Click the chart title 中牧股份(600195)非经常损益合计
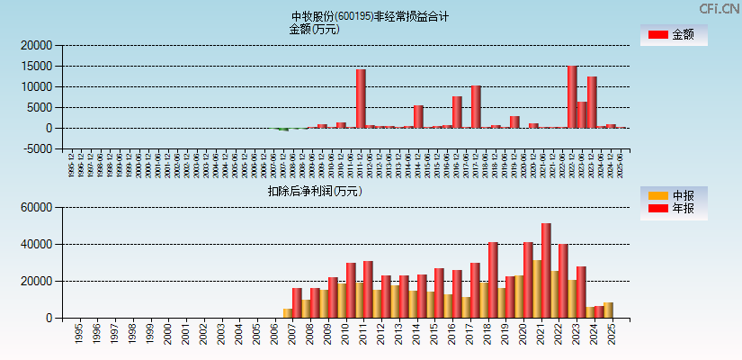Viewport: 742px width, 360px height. [x=370, y=16]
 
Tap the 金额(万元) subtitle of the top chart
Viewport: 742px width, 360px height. [x=314, y=29]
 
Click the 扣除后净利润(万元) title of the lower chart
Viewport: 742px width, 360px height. [x=314, y=191]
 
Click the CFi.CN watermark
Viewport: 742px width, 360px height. [x=719, y=8]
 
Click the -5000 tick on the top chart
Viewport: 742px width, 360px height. [x=38, y=149]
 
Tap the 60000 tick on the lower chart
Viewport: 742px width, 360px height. [x=36, y=208]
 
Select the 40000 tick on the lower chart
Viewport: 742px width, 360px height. [x=36, y=245]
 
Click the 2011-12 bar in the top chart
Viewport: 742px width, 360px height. [x=361, y=99]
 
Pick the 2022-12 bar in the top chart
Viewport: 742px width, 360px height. [x=572, y=97]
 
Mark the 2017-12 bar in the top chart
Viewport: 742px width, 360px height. [x=476, y=107]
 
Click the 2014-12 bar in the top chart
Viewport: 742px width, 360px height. [x=418, y=117]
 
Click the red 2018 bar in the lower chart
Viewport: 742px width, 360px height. [x=493, y=280]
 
